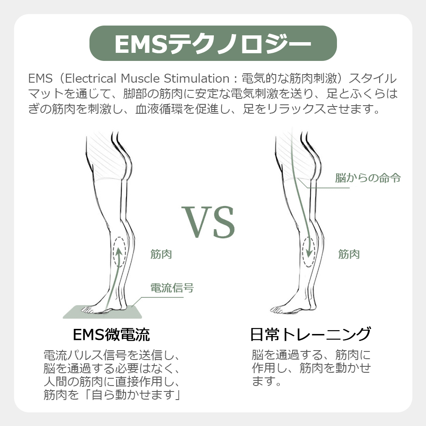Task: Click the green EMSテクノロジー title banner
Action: (213, 43)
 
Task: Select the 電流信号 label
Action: (172, 288)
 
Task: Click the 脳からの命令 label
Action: (368, 178)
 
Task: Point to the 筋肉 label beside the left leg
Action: (161, 254)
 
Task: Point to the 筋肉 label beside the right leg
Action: (349, 254)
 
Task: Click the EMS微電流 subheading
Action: (112, 334)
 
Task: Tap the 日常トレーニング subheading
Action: (310, 334)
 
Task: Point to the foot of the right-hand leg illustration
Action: (286, 310)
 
